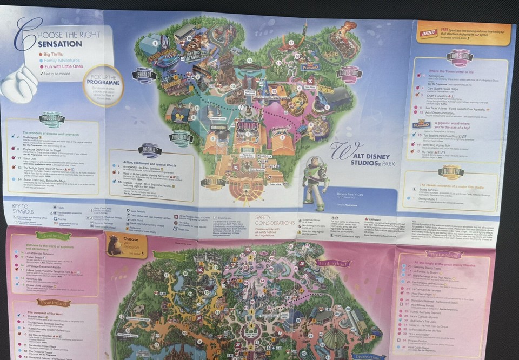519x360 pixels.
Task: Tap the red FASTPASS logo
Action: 429,34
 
